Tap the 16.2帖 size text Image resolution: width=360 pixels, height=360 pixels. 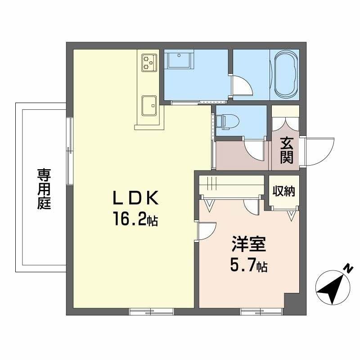click(135, 220)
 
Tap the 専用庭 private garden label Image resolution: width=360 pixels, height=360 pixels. click(44, 189)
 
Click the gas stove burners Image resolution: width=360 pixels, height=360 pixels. click(149, 62)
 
